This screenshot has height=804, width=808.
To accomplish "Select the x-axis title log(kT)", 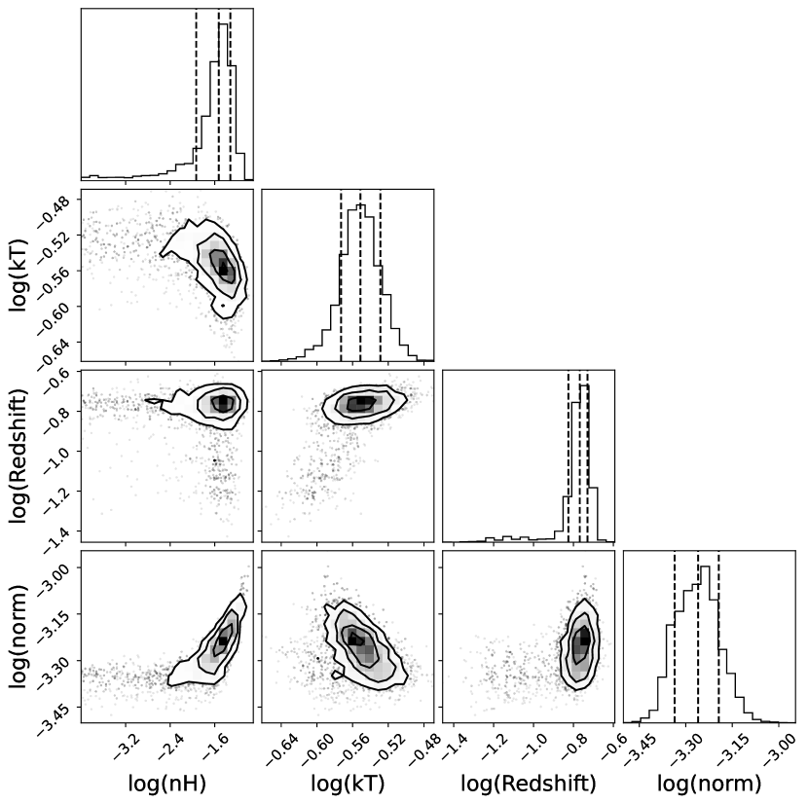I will pos(348,785).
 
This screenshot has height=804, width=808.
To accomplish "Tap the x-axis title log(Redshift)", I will pos(528,785).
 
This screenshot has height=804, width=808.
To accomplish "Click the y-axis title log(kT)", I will pos(19,274).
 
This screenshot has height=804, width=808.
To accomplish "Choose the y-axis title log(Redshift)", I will pos(19,455).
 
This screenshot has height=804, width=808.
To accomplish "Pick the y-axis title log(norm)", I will pos(19,635).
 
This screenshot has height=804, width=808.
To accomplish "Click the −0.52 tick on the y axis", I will pos(55,237).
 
